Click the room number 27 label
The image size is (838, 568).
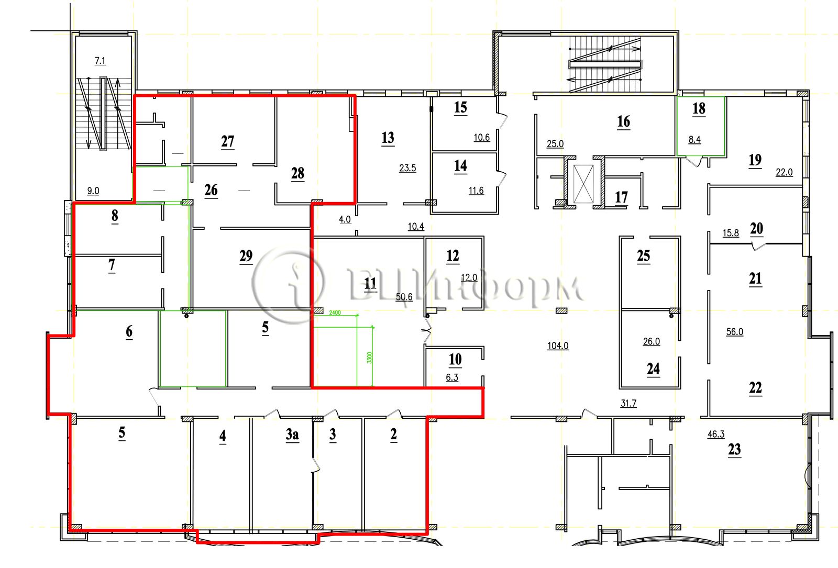coord(227,141)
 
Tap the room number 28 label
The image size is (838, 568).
coord(298,173)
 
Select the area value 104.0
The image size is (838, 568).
coord(558,346)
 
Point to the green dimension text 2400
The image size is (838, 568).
coord(335,313)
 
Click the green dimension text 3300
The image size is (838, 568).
coord(370,358)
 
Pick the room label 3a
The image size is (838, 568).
coord(292,435)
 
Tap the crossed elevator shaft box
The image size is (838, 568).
coord(583,184)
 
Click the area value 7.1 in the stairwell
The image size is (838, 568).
coord(100,61)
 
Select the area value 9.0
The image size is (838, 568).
coord(93,191)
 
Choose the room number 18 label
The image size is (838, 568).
coord(699,108)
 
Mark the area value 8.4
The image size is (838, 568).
coord(694,139)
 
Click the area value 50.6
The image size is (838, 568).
coord(404,297)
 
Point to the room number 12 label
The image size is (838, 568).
coord(453,256)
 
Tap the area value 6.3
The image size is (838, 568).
coord(452,377)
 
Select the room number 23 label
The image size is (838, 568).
coord(734,449)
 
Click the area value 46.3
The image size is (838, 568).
coord(716,434)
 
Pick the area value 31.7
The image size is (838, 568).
coord(629,403)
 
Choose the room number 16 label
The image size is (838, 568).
coord(624,121)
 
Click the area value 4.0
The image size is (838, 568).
coord(345,219)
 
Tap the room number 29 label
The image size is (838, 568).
coord(246,256)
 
